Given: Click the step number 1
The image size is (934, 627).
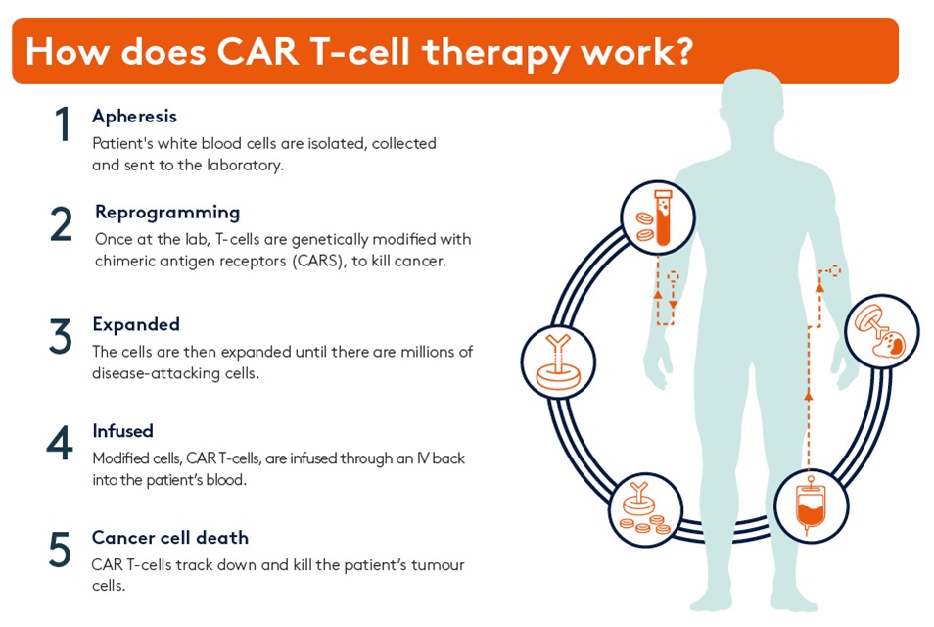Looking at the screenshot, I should click(x=62, y=125).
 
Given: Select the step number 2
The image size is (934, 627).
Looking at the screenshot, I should click(x=61, y=224).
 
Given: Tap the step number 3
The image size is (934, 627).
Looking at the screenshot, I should click(x=61, y=336).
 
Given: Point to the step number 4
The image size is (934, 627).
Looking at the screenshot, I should click(x=60, y=444).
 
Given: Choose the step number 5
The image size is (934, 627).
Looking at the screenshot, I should click(x=60, y=550).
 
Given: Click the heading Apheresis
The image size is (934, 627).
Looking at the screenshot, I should click(x=134, y=116).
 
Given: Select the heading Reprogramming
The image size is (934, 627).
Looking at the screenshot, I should click(x=167, y=212).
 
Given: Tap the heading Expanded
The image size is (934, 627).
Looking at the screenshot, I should click(x=136, y=323).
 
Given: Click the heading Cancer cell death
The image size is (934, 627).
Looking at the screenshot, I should click(x=170, y=538).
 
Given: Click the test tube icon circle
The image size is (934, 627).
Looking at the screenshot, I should click(x=658, y=218).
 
